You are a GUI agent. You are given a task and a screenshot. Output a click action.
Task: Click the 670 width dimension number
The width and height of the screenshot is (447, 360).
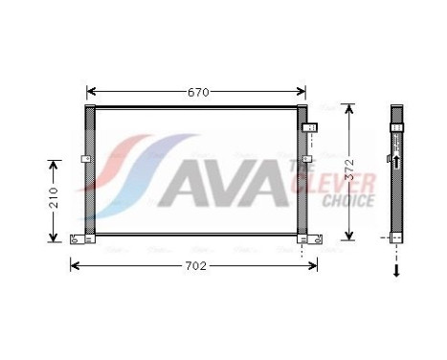[197, 93]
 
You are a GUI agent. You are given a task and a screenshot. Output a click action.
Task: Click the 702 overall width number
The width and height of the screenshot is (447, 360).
[195, 265]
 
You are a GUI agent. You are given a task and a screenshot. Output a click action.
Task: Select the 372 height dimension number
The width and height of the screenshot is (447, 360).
[350, 171]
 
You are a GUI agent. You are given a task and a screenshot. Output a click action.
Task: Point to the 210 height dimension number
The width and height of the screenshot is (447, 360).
[54, 199]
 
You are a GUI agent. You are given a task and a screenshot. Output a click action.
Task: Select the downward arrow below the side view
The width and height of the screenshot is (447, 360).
[396, 271]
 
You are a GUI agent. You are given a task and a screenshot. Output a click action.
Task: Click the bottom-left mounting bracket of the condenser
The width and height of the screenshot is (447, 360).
[81, 237]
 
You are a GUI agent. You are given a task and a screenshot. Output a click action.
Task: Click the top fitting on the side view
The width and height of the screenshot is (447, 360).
[397, 125]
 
